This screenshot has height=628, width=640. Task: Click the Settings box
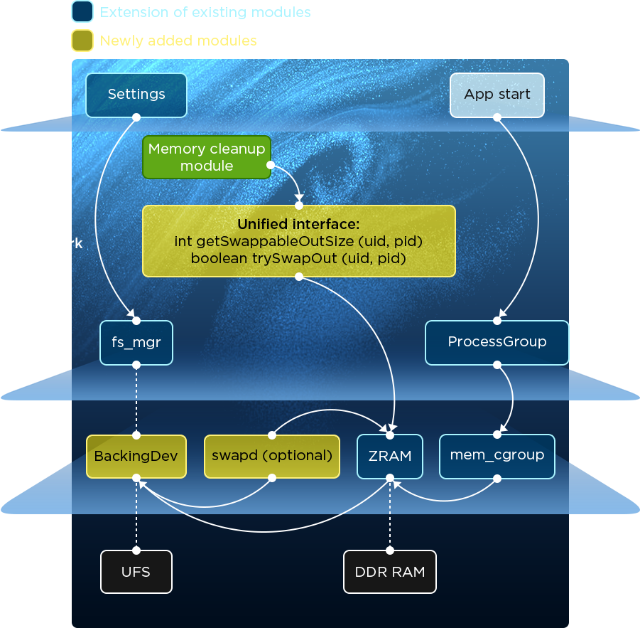[x=136, y=95]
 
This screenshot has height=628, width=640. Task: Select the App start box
[x=497, y=95]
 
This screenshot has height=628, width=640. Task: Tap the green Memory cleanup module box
[x=207, y=157]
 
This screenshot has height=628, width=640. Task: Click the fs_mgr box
[x=136, y=342]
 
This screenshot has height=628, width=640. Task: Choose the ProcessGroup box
[x=497, y=342]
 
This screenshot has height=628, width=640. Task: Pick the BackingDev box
[x=136, y=456]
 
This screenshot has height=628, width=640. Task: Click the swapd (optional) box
[x=272, y=456]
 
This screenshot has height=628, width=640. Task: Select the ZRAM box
[x=390, y=456]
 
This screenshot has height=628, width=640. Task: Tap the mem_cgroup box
[x=497, y=456]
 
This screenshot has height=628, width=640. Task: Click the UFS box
[x=136, y=571]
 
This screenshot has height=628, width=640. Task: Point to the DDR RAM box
[x=390, y=571]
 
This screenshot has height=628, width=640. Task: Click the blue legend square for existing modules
[x=82, y=12]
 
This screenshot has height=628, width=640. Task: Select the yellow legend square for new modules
[x=82, y=41]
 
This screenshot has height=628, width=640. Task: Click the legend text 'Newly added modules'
[x=178, y=41]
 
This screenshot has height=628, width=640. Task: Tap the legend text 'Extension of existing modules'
[x=205, y=12]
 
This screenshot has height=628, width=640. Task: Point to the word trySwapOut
[x=295, y=258]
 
